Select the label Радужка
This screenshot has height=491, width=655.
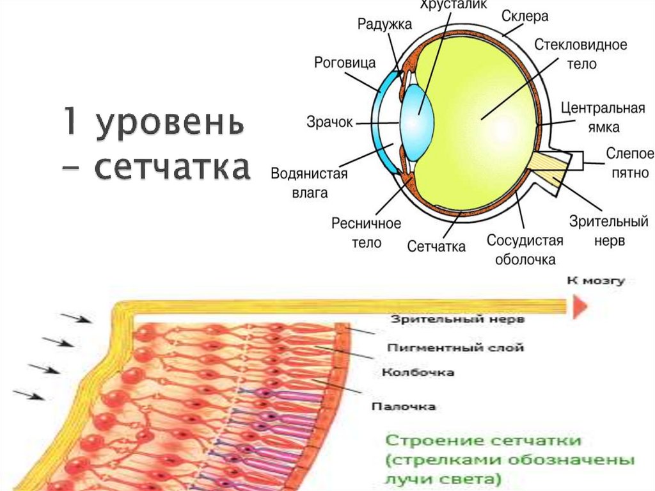pos(384,24)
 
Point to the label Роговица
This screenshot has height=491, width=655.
pos(345,63)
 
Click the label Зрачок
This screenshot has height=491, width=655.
pos(329,122)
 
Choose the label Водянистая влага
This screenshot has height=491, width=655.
pos(309,183)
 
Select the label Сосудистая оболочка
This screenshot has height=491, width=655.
pos(525,250)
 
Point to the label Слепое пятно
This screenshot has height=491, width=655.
pos(629,163)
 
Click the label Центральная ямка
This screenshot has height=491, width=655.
pos(602,117)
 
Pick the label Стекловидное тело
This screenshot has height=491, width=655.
pos(580,54)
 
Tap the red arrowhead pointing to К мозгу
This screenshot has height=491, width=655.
pos(580,307)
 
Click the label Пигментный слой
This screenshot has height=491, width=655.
pos(456,348)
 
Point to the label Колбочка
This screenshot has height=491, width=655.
pos(418,372)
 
